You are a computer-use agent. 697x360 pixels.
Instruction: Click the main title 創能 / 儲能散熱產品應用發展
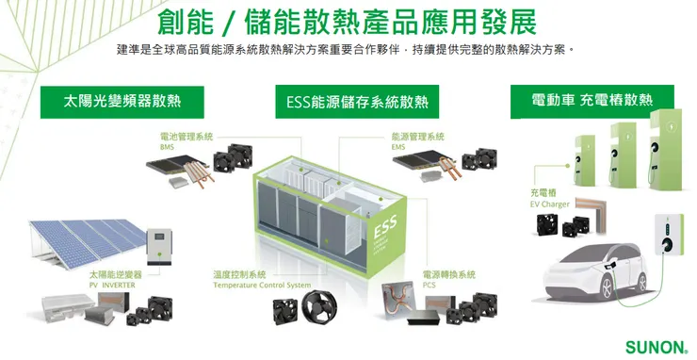coord(348,20)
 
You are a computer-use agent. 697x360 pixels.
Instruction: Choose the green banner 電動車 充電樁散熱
coord(592,100)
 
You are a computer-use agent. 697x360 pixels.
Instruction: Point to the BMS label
coord(167,147)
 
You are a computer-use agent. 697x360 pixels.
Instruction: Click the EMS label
coord(398,147)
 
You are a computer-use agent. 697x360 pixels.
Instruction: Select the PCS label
coord(429,284)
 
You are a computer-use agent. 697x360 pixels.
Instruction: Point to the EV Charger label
coord(549,204)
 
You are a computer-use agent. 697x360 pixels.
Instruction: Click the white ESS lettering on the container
coord(386,230)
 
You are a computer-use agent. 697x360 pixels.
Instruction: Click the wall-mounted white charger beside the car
coord(667,233)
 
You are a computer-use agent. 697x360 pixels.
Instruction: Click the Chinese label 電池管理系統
coord(186,137)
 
